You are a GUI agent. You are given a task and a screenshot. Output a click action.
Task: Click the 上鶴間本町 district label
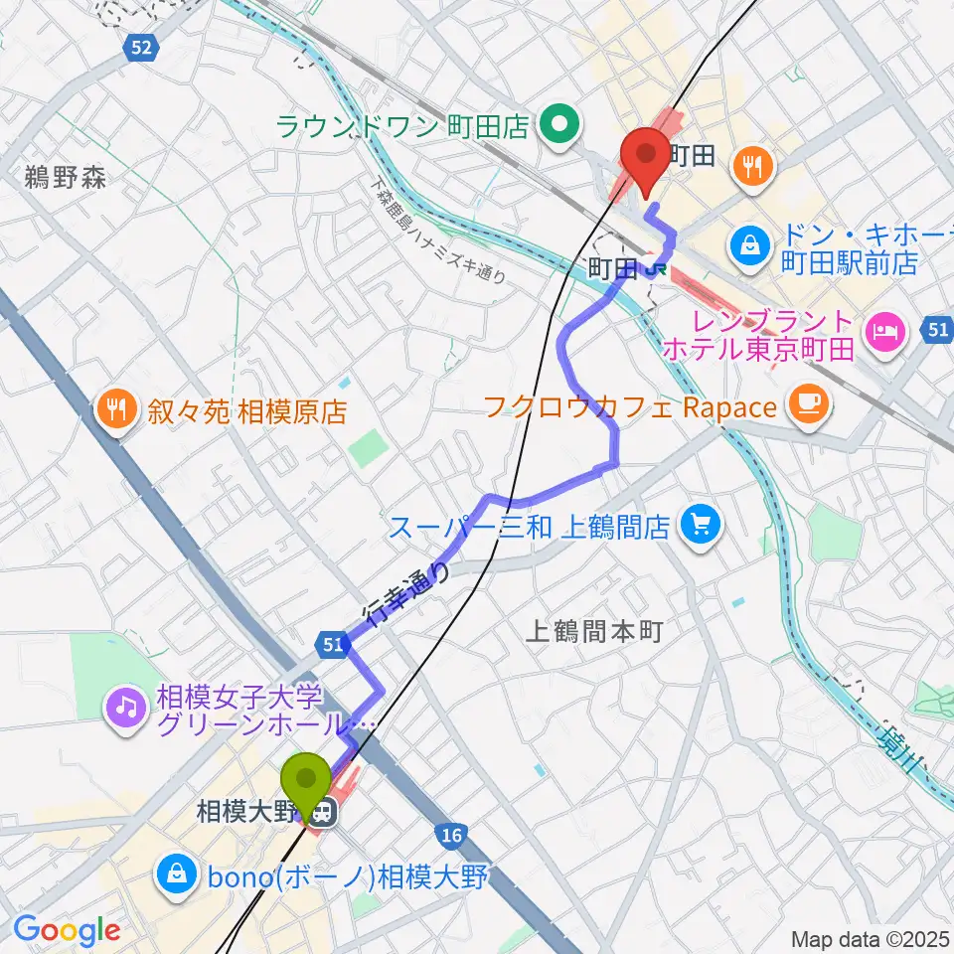tap(592, 629)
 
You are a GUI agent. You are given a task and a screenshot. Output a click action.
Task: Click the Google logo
tap(67, 930)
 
